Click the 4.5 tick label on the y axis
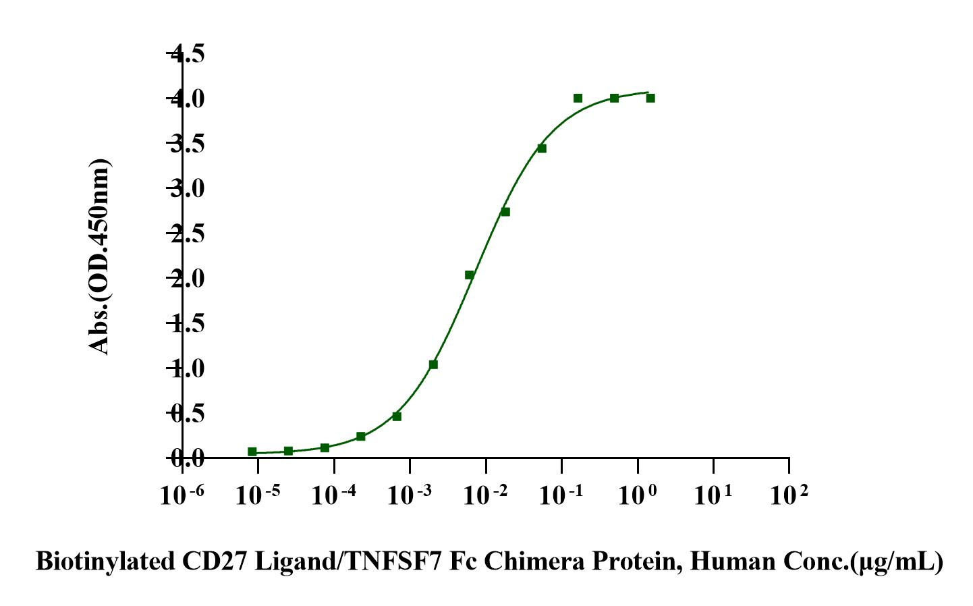coord(187,53)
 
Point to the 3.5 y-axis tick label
coord(187,144)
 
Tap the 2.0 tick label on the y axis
coord(187,278)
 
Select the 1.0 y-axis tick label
coord(187,368)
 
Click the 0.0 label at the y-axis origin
coord(187,459)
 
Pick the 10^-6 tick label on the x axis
coord(182,495)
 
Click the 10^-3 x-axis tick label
coord(410,495)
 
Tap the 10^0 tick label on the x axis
coord(638,495)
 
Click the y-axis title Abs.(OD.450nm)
coord(99,256)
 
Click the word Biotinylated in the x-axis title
coord(101,561)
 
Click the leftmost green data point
coord(252,451)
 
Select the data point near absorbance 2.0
coord(470,275)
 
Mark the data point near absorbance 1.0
coord(433,364)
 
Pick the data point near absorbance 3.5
coord(542,148)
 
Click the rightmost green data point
coord(650,98)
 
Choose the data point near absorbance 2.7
coord(505,212)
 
